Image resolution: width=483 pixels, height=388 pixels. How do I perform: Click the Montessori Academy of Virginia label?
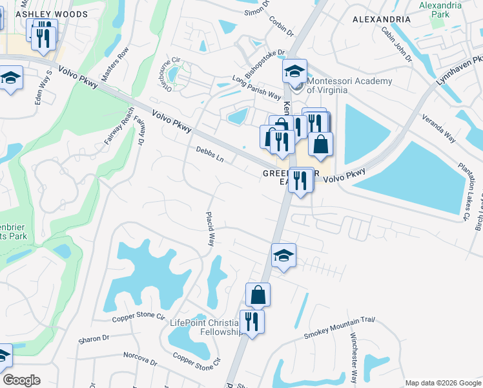click(x=349, y=85)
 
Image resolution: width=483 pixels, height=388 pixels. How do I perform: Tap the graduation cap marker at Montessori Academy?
click(x=294, y=71)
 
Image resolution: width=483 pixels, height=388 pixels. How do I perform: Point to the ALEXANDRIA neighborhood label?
click(x=382, y=19)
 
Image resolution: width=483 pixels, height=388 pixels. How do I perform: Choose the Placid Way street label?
click(x=210, y=229)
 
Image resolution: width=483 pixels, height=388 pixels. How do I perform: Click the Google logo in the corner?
click(x=21, y=380)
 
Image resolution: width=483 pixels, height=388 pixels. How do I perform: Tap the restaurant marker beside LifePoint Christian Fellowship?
click(x=252, y=321)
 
